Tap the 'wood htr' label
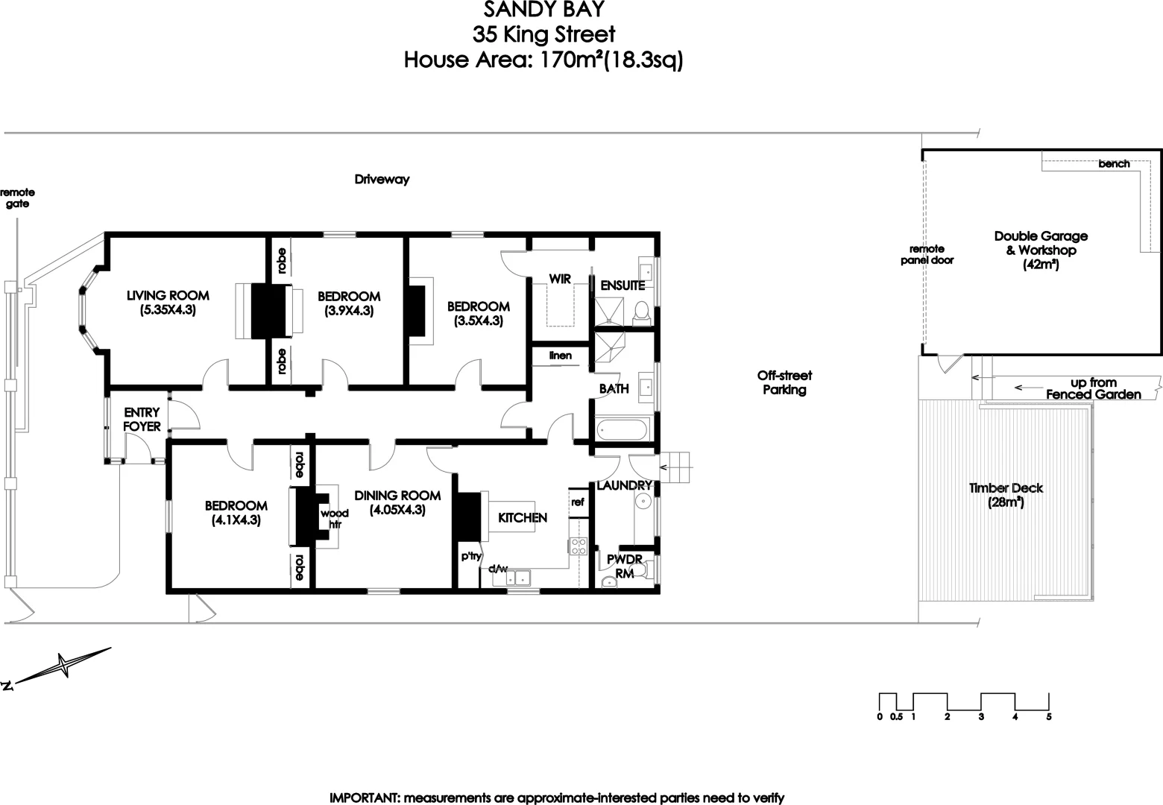(330, 519)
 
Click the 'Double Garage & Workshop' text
(1041, 243)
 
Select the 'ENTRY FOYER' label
(142, 420)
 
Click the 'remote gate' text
(17, 198)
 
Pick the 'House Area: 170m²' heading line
(543, 60)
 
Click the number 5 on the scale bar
(1049, 717)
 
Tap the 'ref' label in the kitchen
(578, 502)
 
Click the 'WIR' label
(560, 279)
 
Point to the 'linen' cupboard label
(561, 356)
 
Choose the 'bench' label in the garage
(1114, 164)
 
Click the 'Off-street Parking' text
(784, 382)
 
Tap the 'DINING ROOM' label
(397, 502)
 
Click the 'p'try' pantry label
(470, 556)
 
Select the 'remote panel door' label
(927, 254)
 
